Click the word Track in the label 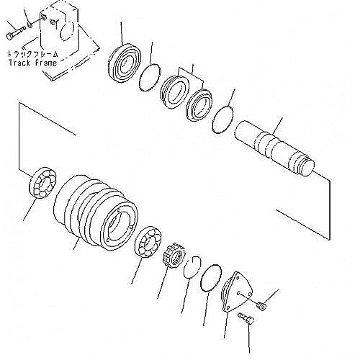19,63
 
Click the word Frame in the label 46,63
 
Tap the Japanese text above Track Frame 33,54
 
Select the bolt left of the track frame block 15,33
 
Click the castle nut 174,256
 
